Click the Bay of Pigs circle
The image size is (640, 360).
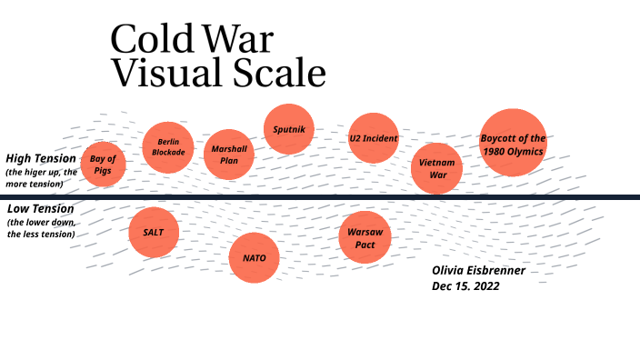pyautogui.click(x=103, y=165)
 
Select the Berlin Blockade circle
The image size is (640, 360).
pyautogui.click(x=170, y=147)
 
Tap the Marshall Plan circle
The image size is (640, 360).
pyautogui.click(x=229, y=154)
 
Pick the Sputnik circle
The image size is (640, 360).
pyautogui.click(x=289, y=130)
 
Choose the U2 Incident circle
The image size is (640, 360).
pyautogui.click(x=374, y=138)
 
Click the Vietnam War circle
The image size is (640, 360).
pyautogui.click(x=437, y=168)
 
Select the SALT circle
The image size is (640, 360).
pyautogui.click(x=154, y=232)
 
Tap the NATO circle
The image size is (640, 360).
pyautogui.click(x=254, y=257)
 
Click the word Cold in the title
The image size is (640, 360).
pyautogui.click(x=146, y=41)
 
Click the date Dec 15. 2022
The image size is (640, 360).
pyautogui.click(x=465, y=285)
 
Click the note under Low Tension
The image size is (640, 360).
pyautogui.click(x=41, y=228)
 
